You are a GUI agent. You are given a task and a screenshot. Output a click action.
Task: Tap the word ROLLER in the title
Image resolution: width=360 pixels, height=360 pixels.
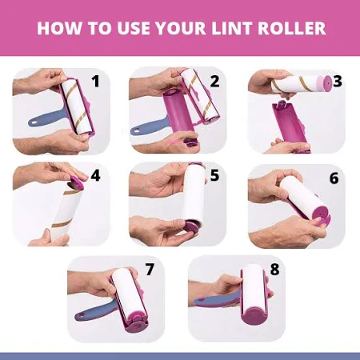tap(292, 28)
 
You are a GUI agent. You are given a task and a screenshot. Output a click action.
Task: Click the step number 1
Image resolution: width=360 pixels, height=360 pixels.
tap(95, 82)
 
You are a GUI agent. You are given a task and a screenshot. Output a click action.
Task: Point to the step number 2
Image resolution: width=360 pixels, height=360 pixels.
tap(214, 82)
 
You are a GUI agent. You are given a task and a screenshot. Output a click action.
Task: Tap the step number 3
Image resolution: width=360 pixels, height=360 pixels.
tap(338, 82)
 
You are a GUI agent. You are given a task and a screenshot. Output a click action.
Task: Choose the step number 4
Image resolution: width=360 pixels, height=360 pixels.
tap(95, 175)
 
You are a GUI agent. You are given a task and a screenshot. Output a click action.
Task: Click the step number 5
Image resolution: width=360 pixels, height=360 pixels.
tap(214, 175)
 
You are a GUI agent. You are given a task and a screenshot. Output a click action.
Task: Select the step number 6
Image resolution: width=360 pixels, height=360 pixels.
tap(334, 178)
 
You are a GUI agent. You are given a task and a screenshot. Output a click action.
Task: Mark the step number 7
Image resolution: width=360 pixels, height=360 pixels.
tap(150, 270)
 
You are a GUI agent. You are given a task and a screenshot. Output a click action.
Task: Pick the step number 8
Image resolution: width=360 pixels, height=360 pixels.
tap(274, 270)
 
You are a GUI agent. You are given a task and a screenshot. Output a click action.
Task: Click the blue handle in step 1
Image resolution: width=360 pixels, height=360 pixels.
tap(46, 119)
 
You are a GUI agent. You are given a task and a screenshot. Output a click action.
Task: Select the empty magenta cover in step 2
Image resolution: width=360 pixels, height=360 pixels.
tap(178, 112)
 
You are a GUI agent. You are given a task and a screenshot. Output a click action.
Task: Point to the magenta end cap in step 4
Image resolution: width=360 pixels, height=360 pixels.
tap(76, 182)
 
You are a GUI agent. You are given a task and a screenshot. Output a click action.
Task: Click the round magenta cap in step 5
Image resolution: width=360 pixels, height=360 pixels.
tap(191, 227)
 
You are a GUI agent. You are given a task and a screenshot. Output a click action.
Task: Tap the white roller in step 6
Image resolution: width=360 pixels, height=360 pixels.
tap(302, 197)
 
